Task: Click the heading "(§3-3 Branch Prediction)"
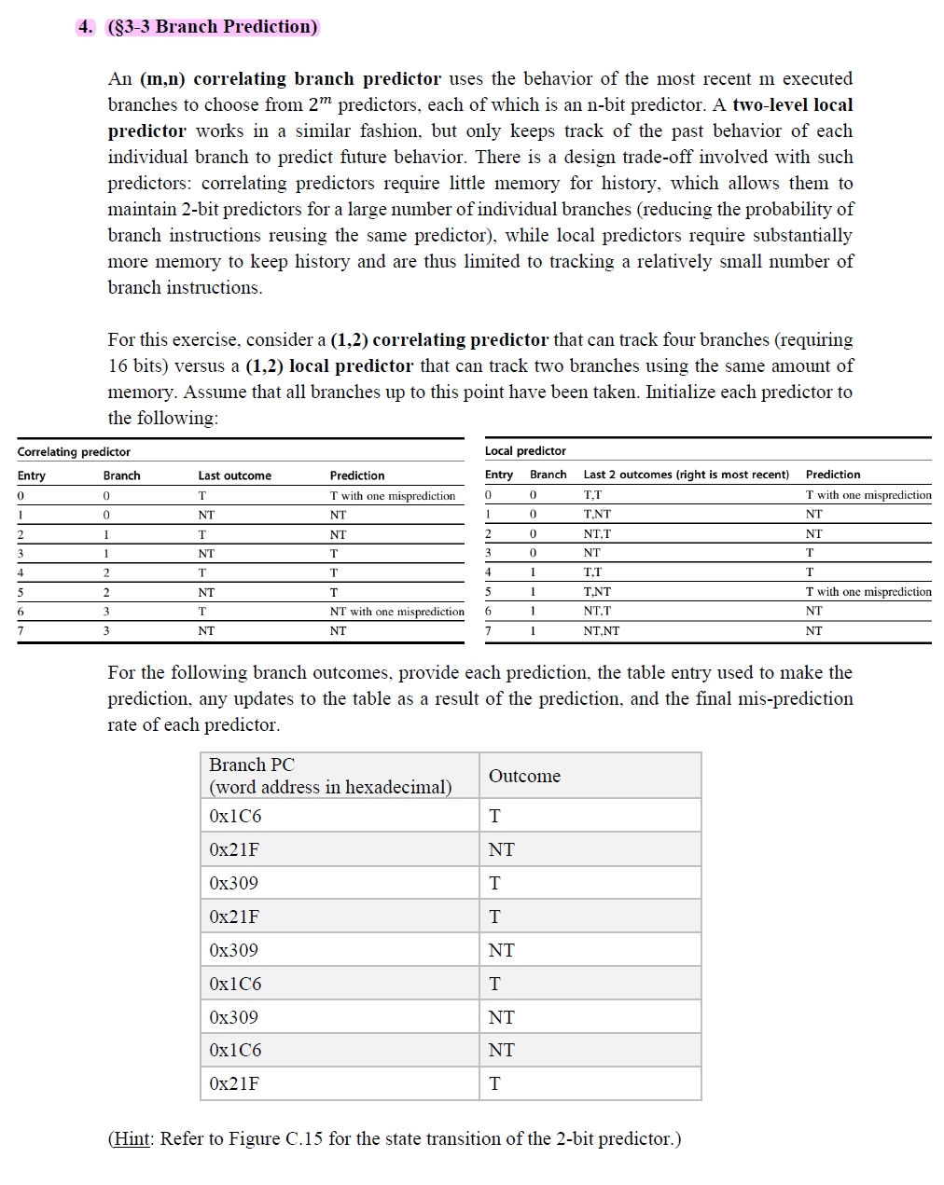[213, 27]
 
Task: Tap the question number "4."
[86, 27]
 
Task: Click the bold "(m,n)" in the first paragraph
[162, 79]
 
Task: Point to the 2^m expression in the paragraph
[319, 104]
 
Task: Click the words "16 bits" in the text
[139, 366]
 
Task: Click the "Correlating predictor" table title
[74, 452]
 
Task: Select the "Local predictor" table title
[525, 451]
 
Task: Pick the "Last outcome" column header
[234, 475]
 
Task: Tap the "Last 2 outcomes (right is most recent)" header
[686, 475]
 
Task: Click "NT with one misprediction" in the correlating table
[396, 612]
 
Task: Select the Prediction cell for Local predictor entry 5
[868, 592]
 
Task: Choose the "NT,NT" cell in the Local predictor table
[601, 631]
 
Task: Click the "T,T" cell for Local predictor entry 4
[592, 572]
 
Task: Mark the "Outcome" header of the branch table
[524, 776]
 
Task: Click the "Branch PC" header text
[252, 765]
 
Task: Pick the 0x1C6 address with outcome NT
[235, 1051]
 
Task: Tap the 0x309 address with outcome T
[233, 883]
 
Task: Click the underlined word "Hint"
[132, 1138]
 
